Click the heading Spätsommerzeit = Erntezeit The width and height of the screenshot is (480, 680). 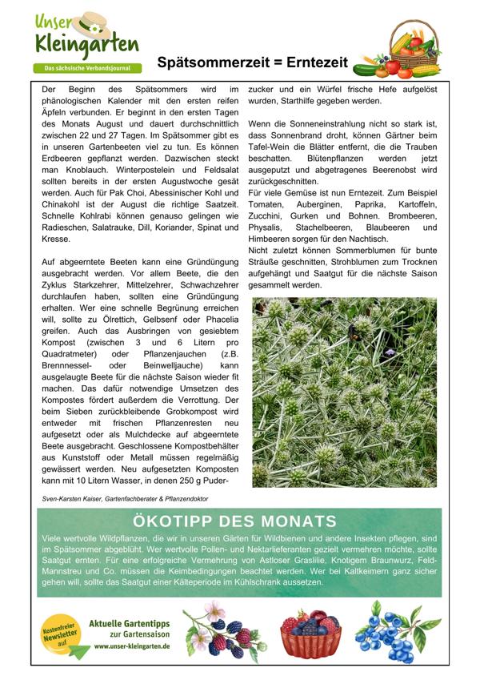[x=252, y=62]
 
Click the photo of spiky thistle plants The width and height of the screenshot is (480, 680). [x=344, y=392]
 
